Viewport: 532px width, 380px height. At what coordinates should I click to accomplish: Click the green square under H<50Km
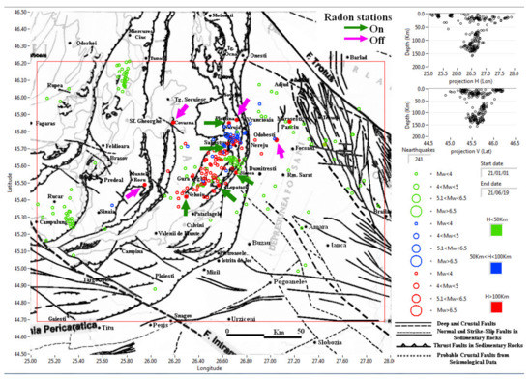[x=495, y=230]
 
